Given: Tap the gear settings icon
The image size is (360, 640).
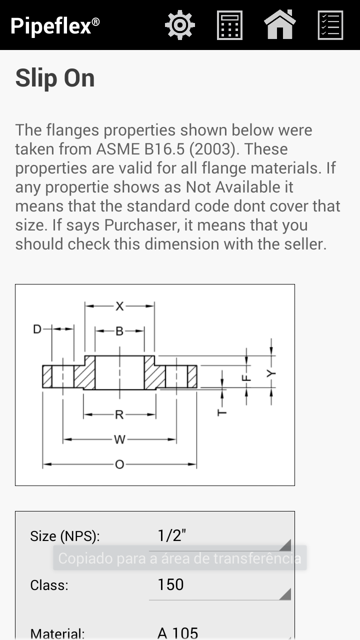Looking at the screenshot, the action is coord(179,25).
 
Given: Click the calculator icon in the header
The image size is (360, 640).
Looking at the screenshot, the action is coord(229,25).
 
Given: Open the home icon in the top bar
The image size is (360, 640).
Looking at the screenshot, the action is coord(279,24).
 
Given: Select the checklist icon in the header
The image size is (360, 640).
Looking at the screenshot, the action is coord(330,25).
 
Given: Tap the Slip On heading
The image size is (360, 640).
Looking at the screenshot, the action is coord(55,78).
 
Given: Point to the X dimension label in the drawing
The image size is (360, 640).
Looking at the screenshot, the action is coord(119,306).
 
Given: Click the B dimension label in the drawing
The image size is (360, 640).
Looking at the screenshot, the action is coord(119,331).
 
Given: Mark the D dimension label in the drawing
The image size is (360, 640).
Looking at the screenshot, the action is coord(37,329).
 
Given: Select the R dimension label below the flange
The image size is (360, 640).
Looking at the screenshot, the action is coord(119,414).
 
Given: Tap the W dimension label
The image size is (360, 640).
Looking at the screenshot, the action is coord(119,439).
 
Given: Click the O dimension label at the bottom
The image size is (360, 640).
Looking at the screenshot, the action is coord(119,464).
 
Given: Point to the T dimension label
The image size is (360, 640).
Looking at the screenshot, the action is coord(222,413).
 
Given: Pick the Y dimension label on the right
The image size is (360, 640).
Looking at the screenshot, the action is coord(271,373).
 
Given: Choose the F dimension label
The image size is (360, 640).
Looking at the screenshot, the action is coord(246,378).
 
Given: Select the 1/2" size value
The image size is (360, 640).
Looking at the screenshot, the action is coord(171,535).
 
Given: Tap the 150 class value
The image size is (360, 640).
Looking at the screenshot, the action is coord(170,584).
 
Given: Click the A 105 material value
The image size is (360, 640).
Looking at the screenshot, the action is coord(177,633).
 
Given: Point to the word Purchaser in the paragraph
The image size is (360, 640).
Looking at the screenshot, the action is coord(142,225).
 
